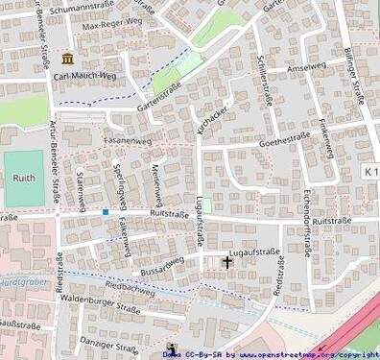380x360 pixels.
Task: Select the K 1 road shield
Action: point(370,170)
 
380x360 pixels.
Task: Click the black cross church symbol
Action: point(227,261)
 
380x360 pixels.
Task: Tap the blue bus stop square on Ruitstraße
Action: point(105,211)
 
